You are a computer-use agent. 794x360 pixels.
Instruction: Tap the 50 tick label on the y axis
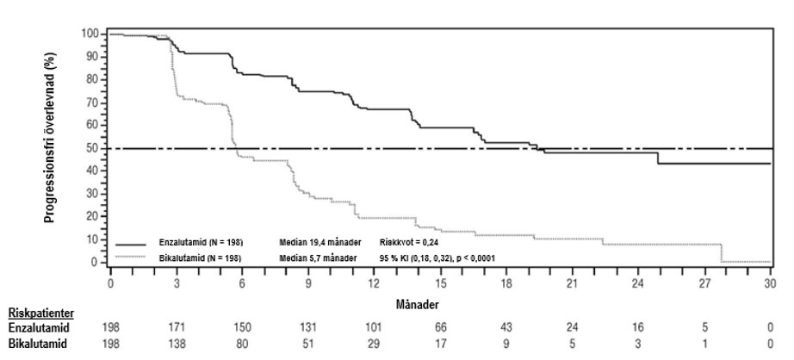[x=94, y=148]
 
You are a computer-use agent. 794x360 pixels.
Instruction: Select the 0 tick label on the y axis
[x=96, y=262]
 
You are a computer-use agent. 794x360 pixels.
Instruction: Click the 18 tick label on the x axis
[x=506, y=283]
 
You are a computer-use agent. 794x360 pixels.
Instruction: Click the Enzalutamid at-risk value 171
[x=177, y=328]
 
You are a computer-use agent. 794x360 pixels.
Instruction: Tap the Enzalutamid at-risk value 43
[x=506, y=328]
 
